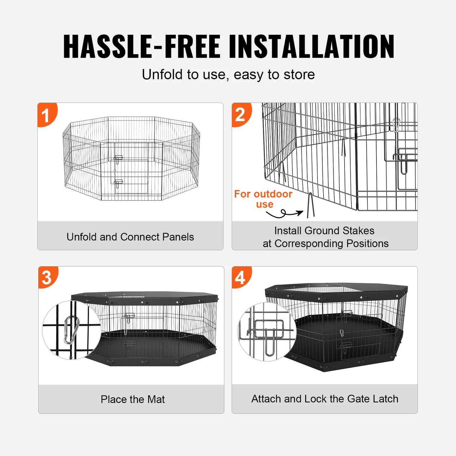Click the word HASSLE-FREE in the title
tap(142, 47)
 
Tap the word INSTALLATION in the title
tap(311, 47)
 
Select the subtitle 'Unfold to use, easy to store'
tap(228, 75)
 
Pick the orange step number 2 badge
tap(240, 114)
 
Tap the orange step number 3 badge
tap(47, 277)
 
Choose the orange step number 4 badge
tap(240, 277)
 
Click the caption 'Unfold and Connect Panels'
tap(130, 237)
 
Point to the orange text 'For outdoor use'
tap(263, 199)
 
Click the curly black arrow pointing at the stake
tap(284, 214)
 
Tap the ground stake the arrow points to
tap(311, 206)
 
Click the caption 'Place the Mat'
tap(133, 399)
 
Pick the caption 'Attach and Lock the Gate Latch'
tap(324, 399)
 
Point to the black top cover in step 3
tap(145, 297)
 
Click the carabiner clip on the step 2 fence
tap(396, 125)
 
